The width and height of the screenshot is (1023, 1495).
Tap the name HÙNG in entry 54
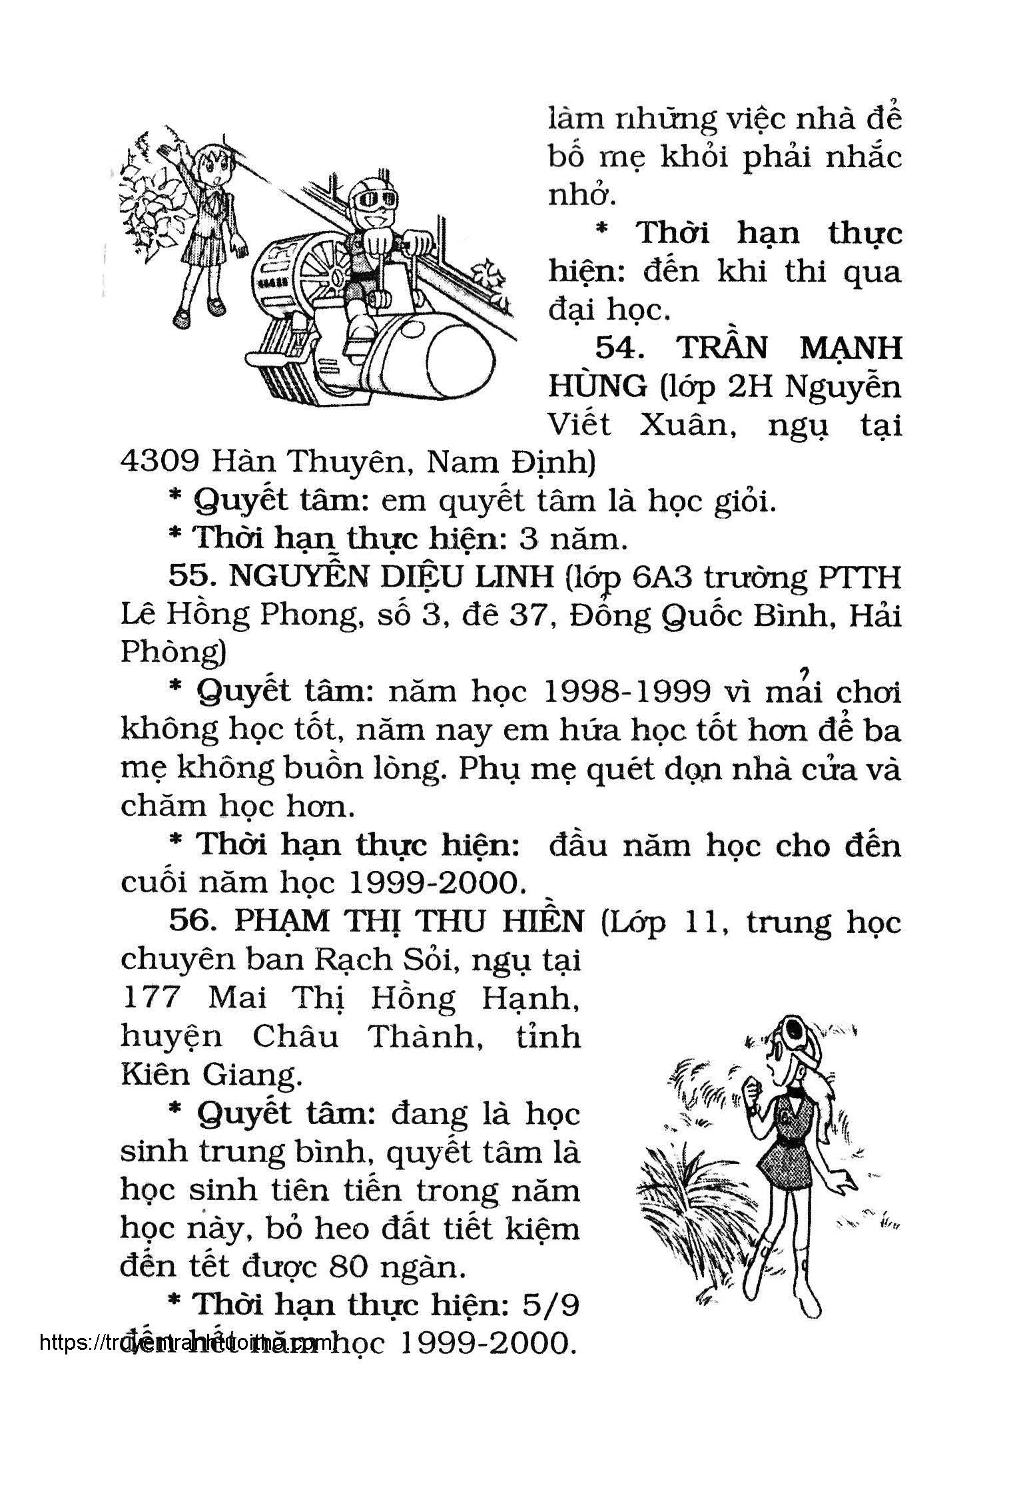(597, 386)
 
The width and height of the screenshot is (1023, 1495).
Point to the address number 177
(153, 999)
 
